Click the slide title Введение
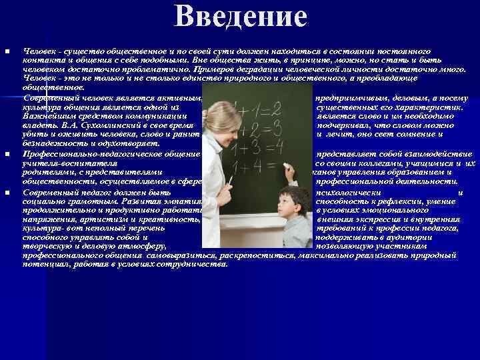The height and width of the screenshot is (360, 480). (240, 17)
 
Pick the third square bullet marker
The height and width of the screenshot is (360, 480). (7, 191)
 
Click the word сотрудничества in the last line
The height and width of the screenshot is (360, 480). (195, 264)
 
